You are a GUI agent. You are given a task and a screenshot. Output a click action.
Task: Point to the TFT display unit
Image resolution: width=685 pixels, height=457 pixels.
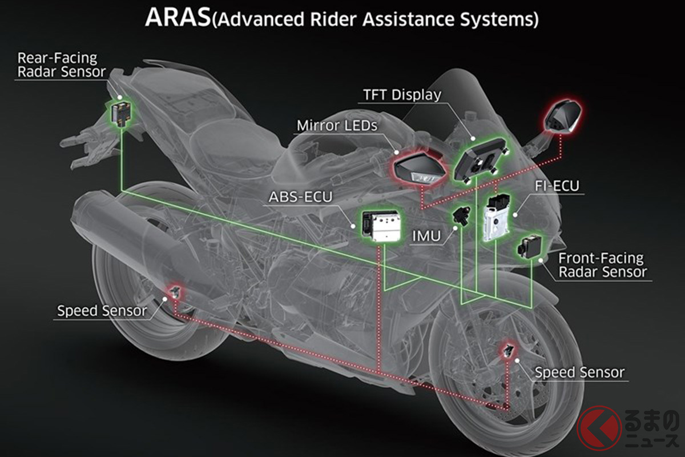point(478,157)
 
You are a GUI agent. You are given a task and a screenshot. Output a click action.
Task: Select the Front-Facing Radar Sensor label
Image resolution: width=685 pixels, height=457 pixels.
point(602,265)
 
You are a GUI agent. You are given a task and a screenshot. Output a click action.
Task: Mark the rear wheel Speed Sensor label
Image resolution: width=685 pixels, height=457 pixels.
point(102,311)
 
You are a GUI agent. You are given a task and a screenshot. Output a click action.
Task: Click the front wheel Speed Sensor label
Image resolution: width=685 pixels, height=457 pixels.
point(579,372)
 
